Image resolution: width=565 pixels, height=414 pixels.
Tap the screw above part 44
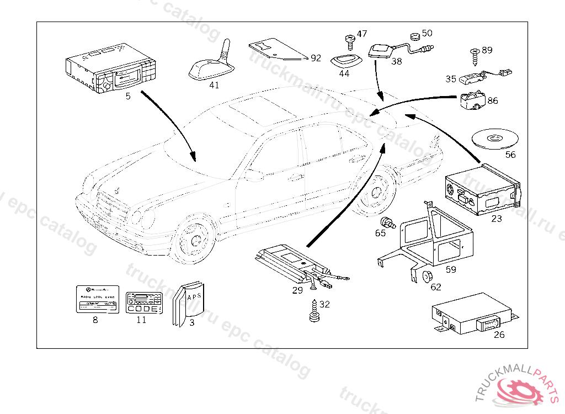click(x=349, y=40)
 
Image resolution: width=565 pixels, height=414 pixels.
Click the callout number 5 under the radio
click(x=128, y=96)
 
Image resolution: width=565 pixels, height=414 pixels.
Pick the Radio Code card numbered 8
click(x=97, y=300)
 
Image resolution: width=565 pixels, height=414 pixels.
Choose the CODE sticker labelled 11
click(x=144, y=303)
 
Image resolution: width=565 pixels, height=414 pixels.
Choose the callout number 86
click(x=493, y=100)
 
